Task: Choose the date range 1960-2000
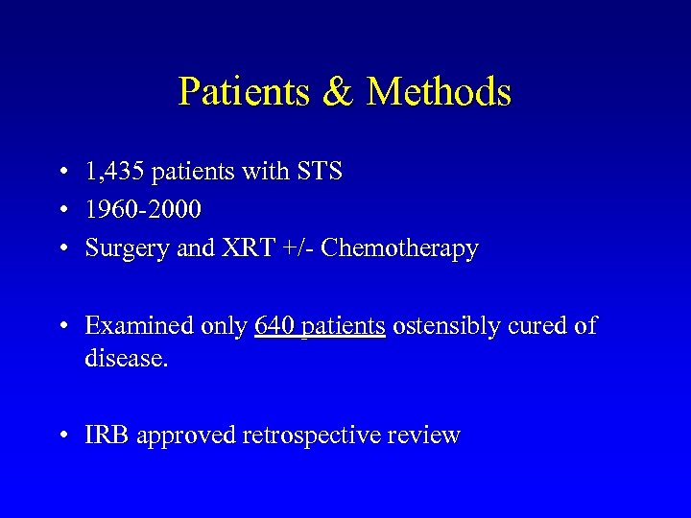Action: click(x=143, y=210)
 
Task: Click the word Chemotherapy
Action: click(x=399, y=248)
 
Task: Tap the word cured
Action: click(x=540, y=326)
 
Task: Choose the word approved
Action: click(x=186, y=436)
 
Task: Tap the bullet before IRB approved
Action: click(x=61, y=436)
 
